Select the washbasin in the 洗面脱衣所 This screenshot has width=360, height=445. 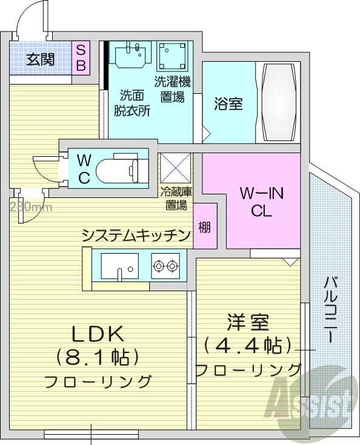pyautogui.click(x=132, y=55)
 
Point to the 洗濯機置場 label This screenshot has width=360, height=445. pyautogui.click(x=172, y=90)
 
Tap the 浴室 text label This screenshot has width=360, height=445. pyautogui.click(x=228, y=104)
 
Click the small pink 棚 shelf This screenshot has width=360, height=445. pyautogui.click(x=205, y=227)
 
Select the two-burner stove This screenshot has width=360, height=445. pyautogui.click(x=165, y=265)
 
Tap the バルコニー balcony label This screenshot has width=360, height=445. pyautogui.click(x=332, y=309)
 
